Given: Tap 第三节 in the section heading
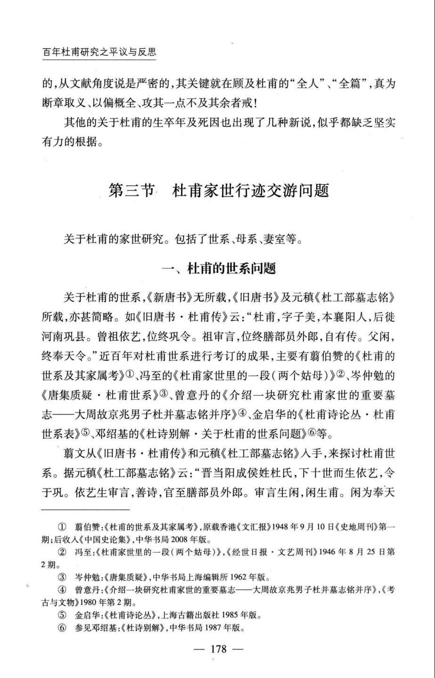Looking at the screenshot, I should (131, 191).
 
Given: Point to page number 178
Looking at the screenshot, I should (218, 649).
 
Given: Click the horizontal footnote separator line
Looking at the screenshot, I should (85, 510).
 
